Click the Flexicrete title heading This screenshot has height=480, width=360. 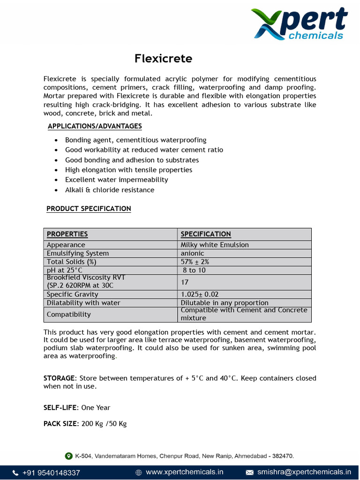(x=163, y=59)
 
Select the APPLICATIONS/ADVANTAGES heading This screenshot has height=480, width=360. (x=95, y=126)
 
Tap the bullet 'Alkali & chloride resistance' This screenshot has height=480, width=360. (x=109, y=190)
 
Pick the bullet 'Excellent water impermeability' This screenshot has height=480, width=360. (x=116, y=180)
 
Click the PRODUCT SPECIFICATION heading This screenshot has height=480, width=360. (x=89, y=209)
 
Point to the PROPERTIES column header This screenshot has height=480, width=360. (x=67, y=234)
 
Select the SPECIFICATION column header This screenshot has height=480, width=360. (x=206, y=234)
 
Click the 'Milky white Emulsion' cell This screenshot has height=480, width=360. (x=215, y=245)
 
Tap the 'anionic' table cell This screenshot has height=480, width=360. (x=192, y=253)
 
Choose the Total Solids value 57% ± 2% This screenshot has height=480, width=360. (x=195, y=262)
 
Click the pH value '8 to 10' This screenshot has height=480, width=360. (x=194, y=270)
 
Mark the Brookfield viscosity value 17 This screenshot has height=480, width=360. (x=185, y=282)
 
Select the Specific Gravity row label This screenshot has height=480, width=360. (x=72, y=294)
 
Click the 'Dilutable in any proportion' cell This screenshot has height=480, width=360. (x=225, y=303)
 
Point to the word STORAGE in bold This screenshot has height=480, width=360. (x=59, y=378)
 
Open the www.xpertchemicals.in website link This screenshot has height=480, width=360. (x=184, y=472)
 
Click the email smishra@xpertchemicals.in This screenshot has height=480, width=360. (x=304, y=472)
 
